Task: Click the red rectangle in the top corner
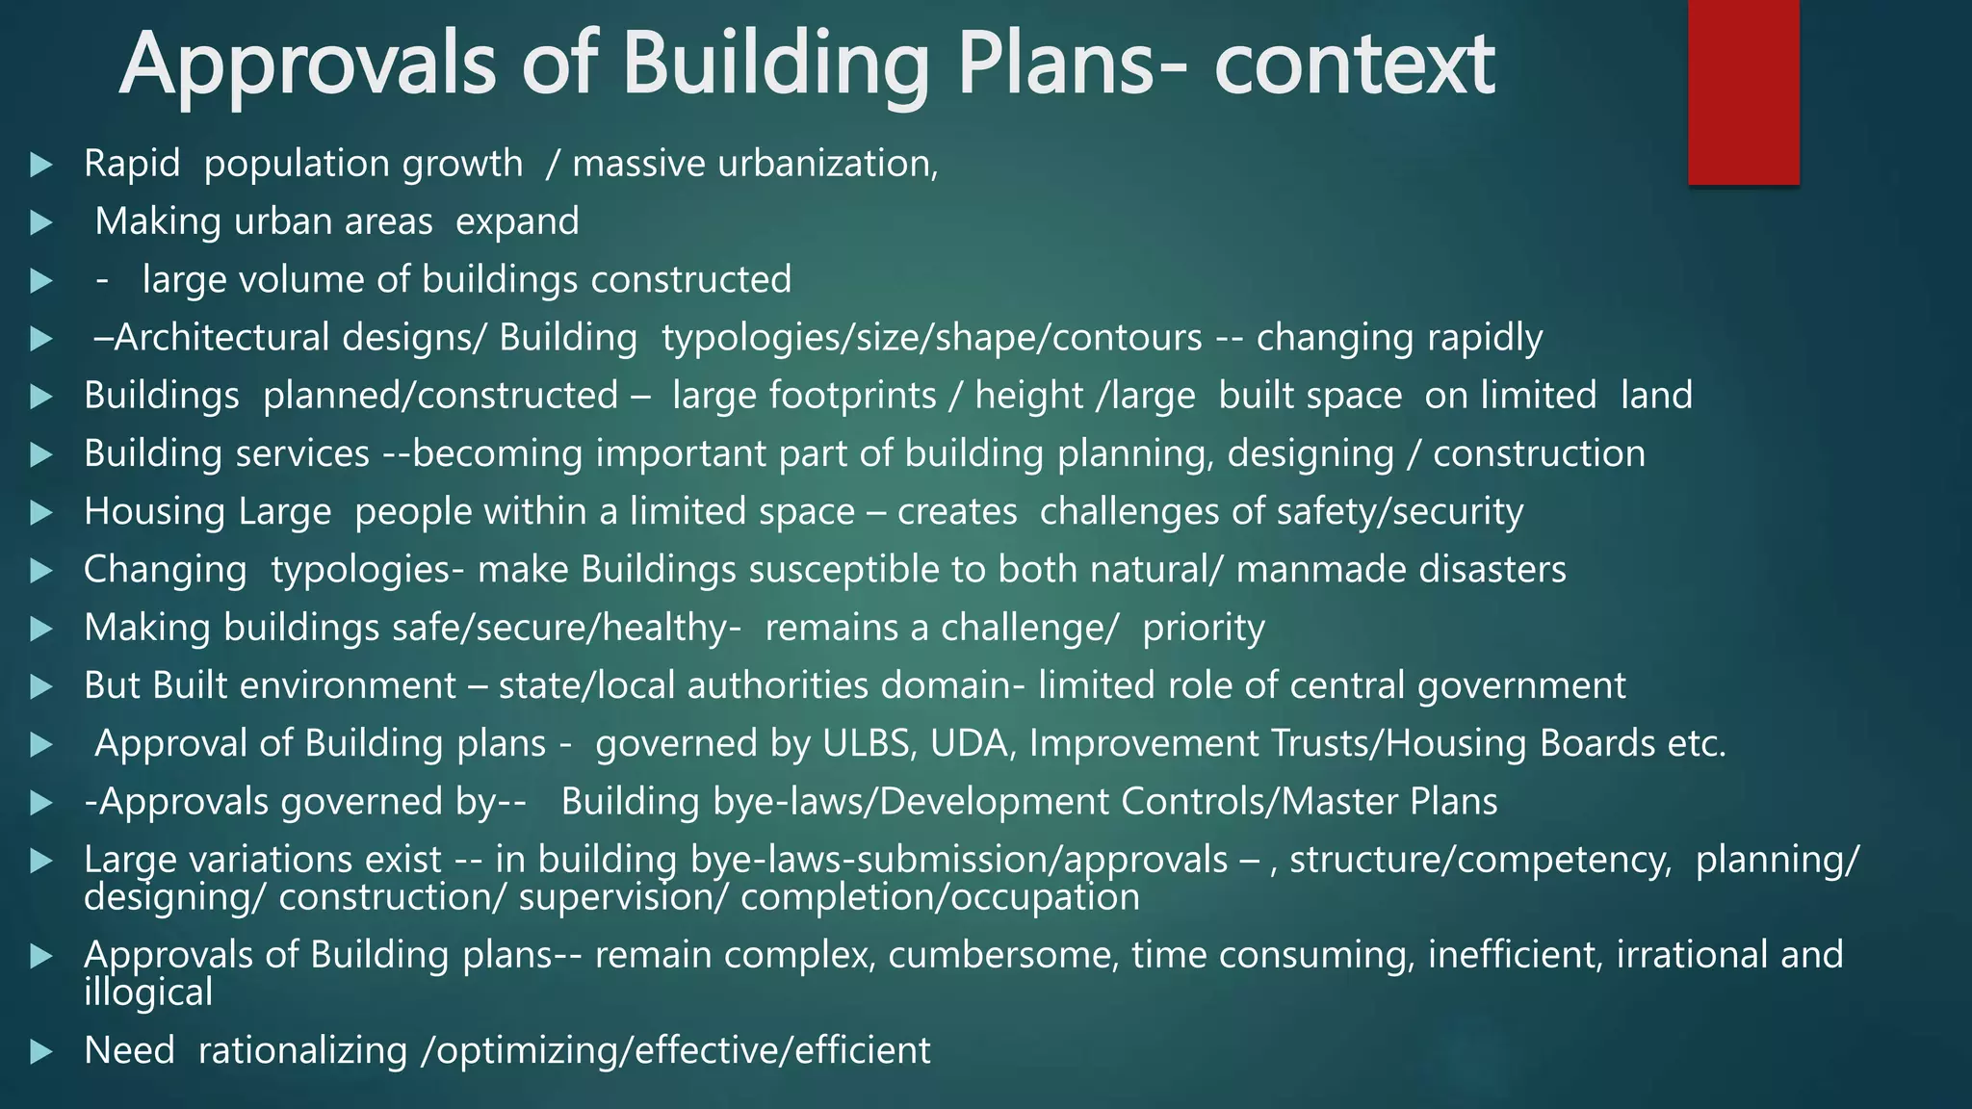point(1743,91)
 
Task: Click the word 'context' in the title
point(1354,64)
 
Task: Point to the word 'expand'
point(517,222)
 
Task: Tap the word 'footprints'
point(804,396)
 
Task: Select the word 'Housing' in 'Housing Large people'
point(155,511)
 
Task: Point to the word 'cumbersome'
point(1002,955)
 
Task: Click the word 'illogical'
point(148,993)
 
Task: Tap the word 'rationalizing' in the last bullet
point(302,1050)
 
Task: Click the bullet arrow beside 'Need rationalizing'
point(40,1051)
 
